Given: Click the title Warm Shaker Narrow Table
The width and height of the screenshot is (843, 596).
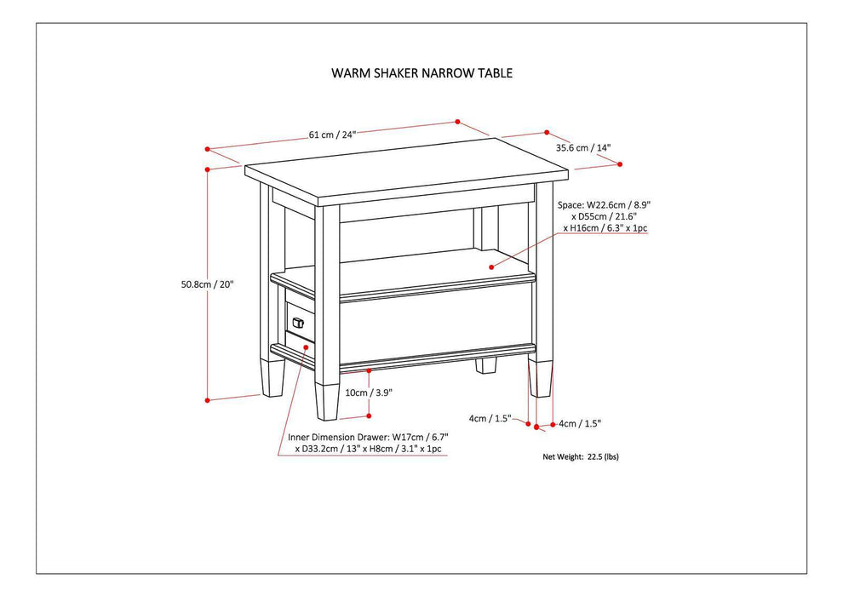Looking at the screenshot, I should (x=421, y=73).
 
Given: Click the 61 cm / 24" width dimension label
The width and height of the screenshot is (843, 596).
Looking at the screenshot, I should (x=332, y=134).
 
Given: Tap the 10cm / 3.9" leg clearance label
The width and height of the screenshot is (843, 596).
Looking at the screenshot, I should (x=369, y=393).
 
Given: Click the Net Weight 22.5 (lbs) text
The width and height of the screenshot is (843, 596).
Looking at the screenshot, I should (x=581, y=456).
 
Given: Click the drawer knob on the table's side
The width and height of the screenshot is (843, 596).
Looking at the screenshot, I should (x=298, y=322).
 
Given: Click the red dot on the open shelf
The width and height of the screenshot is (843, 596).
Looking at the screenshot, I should (x=491, y=266).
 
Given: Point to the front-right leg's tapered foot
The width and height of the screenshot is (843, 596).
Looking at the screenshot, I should (x=539, y=381).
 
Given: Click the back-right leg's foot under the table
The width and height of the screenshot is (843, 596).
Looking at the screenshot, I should (x=485, y=365).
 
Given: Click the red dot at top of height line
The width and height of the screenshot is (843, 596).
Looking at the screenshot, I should (x=207, y=169).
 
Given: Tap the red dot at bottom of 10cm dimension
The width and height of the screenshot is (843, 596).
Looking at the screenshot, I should (x=369, y=415).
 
